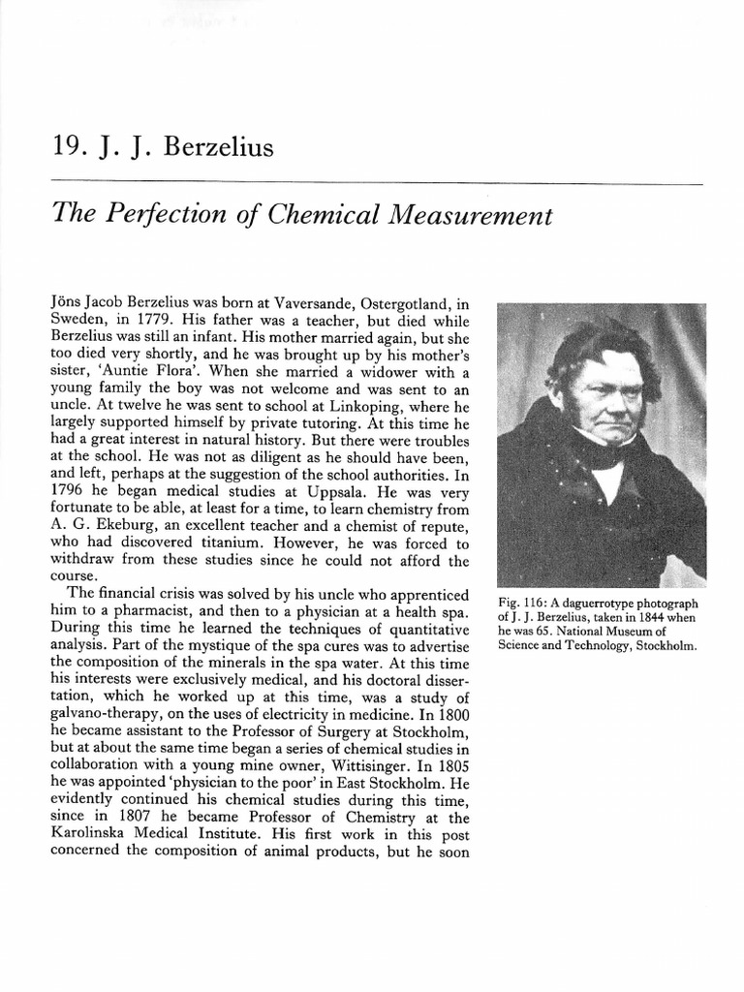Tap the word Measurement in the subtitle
tap(475, 214)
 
